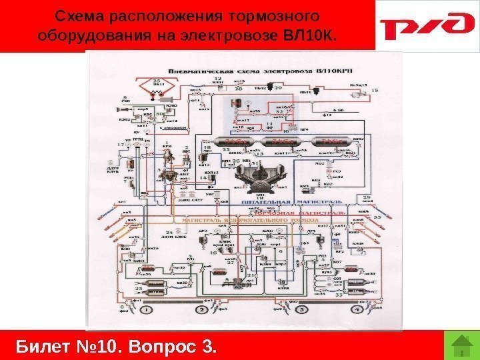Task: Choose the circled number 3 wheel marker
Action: [301, 310]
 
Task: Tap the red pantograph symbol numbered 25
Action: [158, 89]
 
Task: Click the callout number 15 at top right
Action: [374, 89]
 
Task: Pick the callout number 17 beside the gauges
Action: [120, 144]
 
